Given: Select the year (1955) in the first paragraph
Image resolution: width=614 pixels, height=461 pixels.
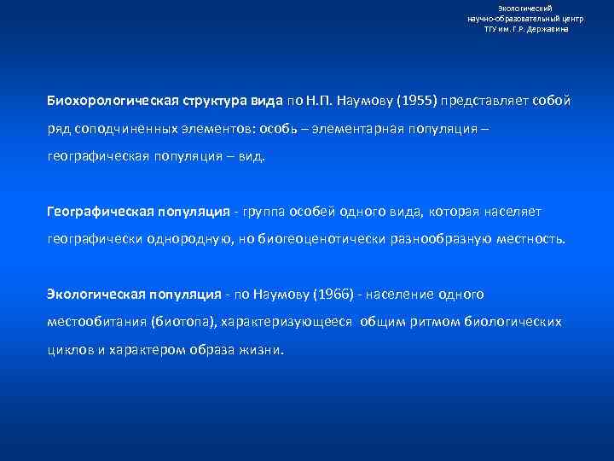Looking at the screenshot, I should point(414,101).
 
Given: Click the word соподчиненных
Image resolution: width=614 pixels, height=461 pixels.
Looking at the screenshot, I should point(116,129).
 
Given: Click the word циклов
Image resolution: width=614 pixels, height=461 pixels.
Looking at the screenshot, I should point(69,351).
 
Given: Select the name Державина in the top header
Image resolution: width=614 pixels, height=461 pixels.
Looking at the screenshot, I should point(548,28).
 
